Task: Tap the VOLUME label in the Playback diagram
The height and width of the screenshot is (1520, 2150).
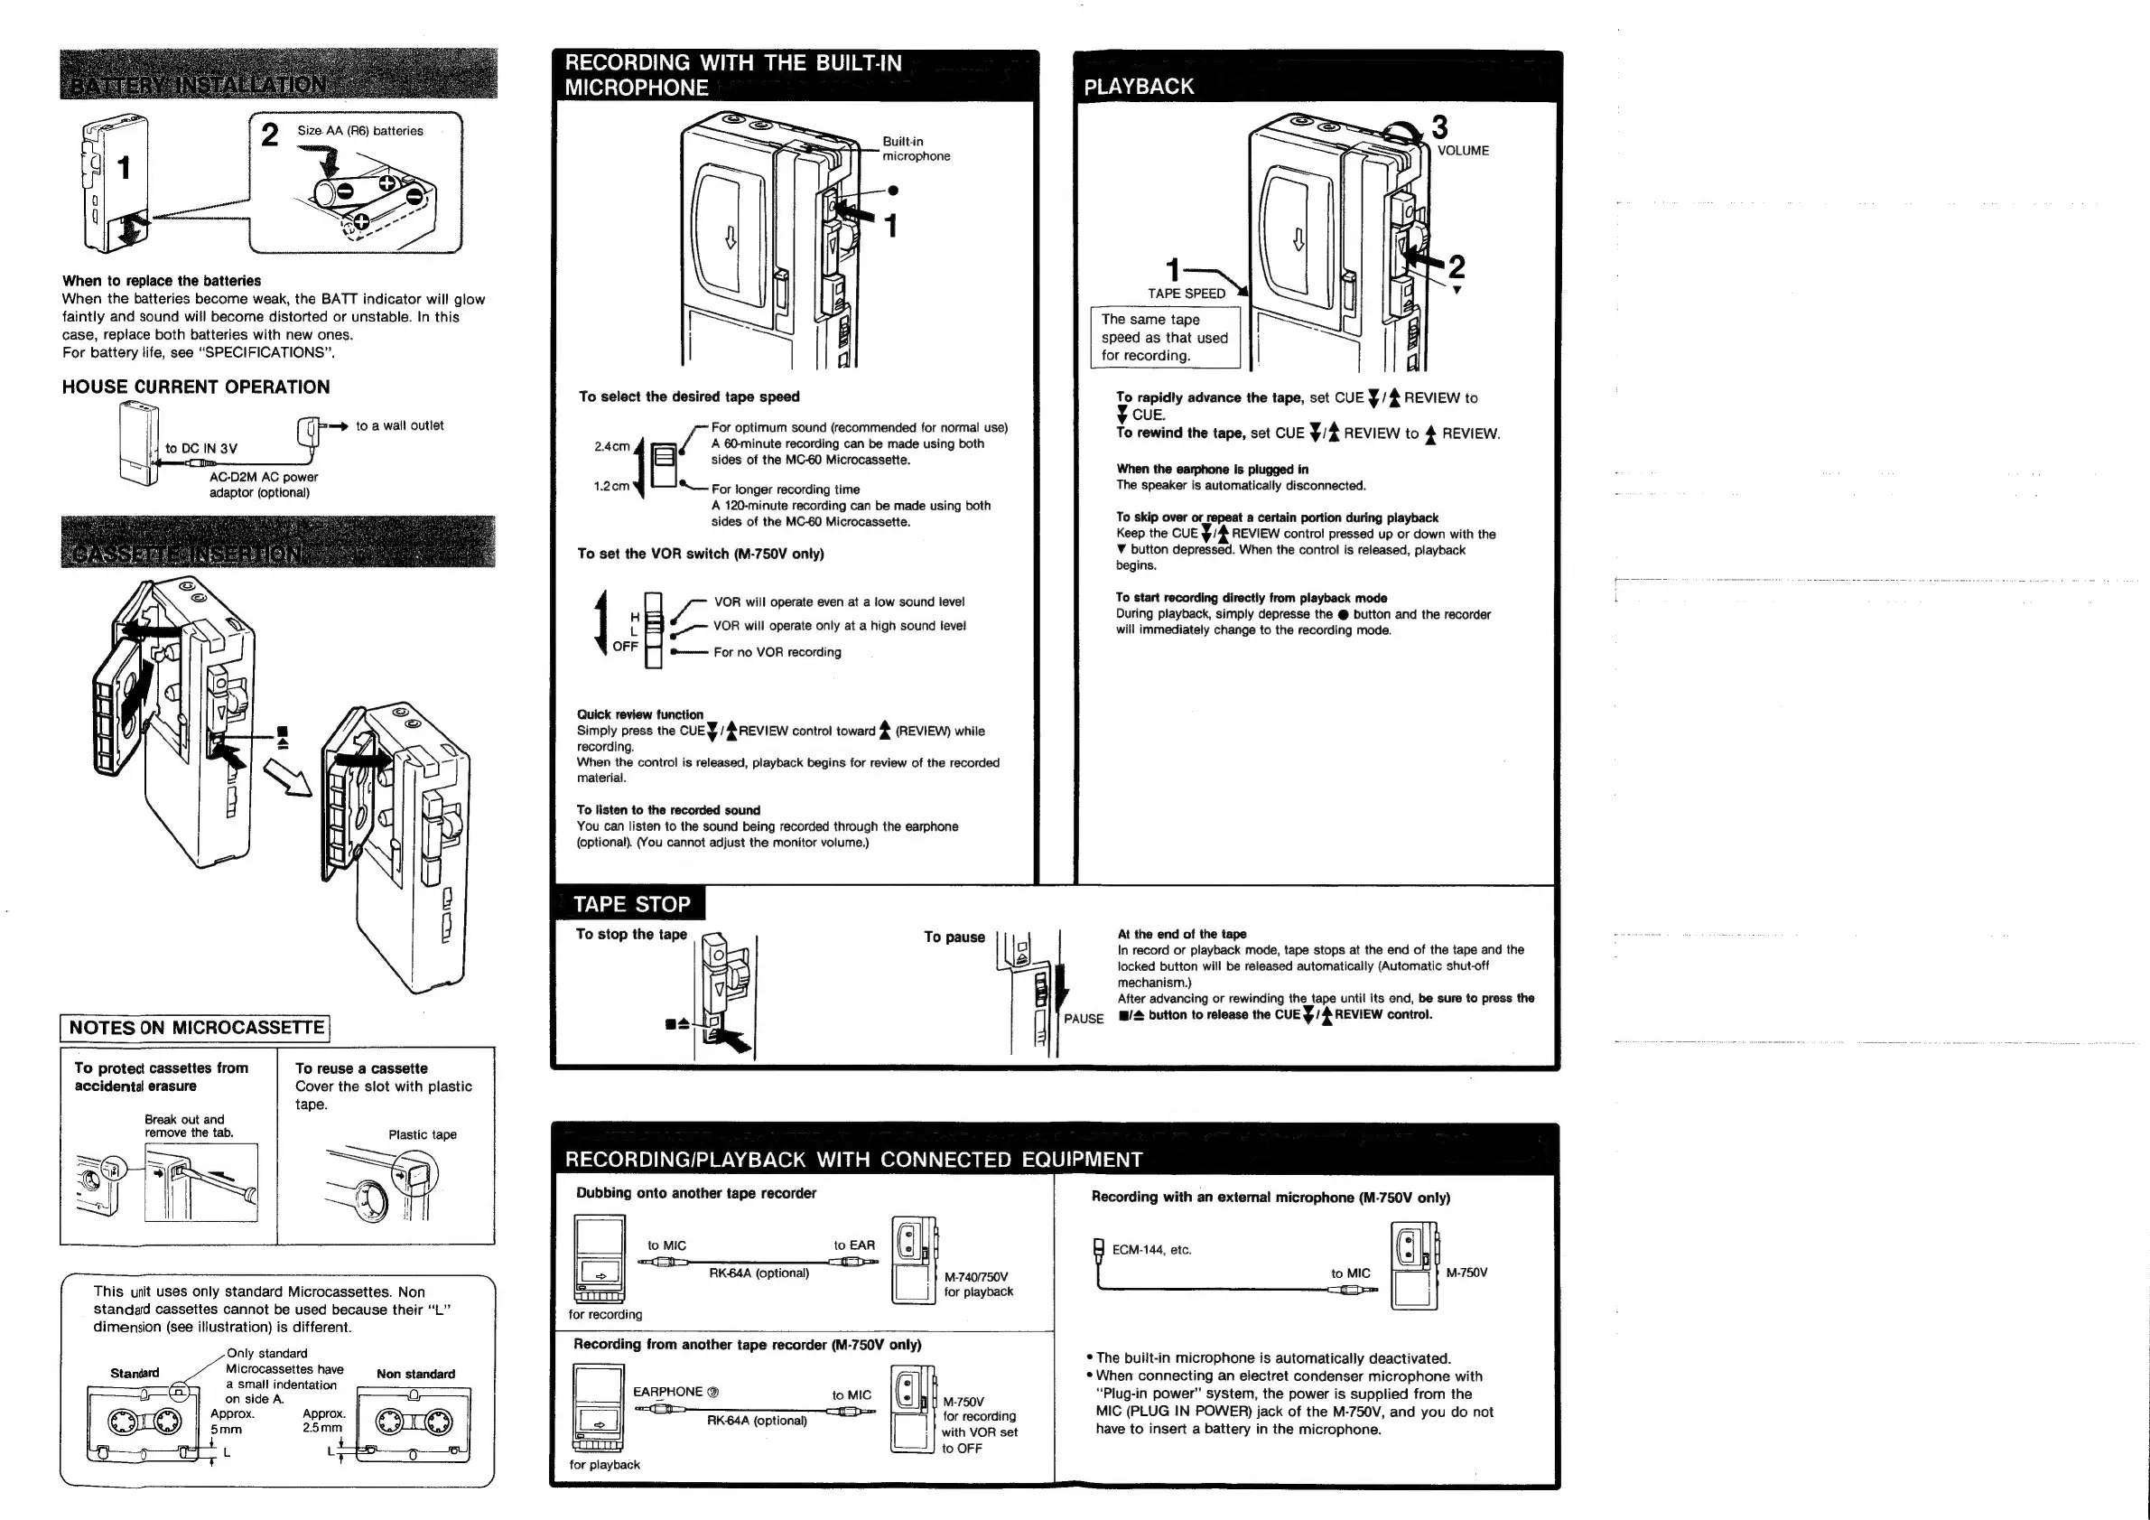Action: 1463,151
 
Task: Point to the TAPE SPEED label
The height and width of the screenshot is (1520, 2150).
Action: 1187,294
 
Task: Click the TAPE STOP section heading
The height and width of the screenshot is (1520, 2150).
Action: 631,904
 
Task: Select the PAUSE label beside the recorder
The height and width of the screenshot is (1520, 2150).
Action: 1084,1019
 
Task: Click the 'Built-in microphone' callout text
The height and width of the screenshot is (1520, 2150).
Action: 916,149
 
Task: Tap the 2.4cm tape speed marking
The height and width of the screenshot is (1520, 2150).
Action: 611,447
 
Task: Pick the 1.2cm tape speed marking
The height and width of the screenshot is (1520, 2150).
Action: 611,486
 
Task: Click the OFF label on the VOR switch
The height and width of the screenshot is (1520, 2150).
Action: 625,647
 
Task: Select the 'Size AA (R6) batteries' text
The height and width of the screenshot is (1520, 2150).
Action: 359,131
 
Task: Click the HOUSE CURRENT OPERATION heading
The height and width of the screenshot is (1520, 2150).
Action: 196,387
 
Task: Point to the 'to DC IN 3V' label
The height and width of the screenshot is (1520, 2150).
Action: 201,449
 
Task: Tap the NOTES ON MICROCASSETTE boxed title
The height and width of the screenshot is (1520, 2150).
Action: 196,1028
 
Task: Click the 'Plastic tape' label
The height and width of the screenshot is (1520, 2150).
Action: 423,1135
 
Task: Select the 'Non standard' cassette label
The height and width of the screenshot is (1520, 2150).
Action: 415,1374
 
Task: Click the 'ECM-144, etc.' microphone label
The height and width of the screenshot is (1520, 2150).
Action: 1150,1250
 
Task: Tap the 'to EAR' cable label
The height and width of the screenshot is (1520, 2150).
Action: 854,1245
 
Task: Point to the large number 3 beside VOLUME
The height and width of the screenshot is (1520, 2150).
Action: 1439,126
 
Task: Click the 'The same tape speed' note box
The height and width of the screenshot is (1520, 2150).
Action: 1164,337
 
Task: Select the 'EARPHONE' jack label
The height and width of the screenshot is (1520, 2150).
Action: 667,1392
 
